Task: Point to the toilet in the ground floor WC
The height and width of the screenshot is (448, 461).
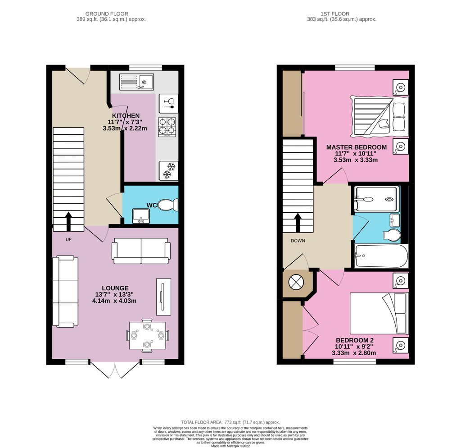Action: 169,206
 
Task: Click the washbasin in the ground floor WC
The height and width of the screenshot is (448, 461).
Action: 141,216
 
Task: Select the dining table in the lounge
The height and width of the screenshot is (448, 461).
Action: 147,335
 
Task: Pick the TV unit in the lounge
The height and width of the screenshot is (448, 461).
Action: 163,297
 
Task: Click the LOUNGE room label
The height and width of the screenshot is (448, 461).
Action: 115,288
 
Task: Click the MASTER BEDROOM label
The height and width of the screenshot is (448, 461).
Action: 356,147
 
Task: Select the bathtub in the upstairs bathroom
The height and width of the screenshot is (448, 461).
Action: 381,256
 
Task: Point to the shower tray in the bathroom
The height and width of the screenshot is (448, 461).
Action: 376,199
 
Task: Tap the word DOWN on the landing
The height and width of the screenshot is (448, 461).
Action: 298,241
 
